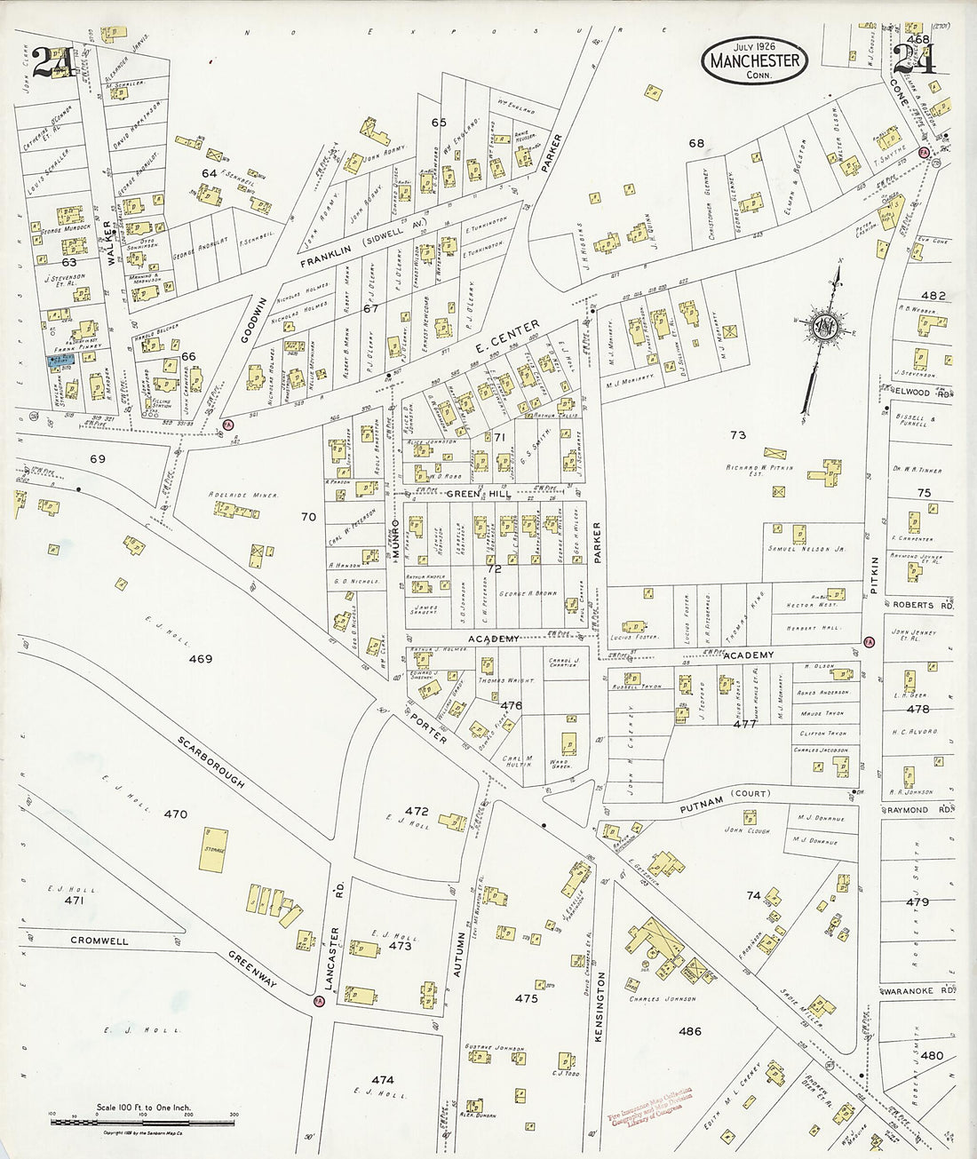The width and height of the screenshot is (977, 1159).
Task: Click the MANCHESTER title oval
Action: [755, 61]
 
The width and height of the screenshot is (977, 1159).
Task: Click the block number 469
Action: [201, 659]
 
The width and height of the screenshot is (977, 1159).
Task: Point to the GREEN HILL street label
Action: [474, 494]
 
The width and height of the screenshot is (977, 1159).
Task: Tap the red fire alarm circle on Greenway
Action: [319, 1000]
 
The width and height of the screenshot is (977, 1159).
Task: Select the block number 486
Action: [689, 1031]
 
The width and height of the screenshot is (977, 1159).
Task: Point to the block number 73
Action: [737, 435]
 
